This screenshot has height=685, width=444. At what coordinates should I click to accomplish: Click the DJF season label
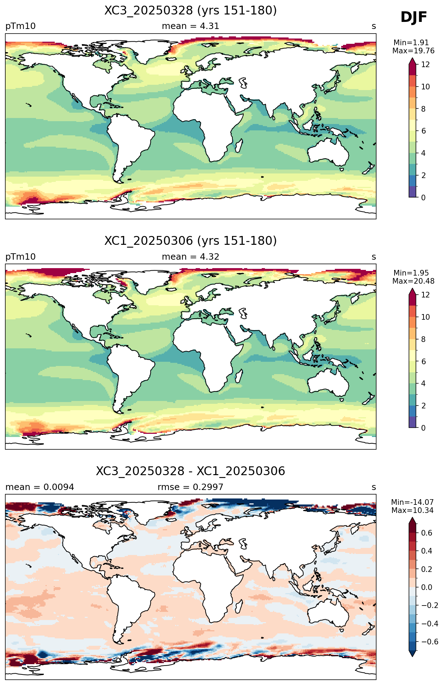(x=414, y=17)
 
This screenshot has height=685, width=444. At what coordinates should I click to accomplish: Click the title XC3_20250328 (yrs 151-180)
(x=190, y=11)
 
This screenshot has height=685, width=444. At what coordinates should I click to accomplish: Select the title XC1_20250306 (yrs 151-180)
(x=190, y=241)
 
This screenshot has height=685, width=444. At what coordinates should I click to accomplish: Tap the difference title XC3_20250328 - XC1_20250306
(x=190, y=471)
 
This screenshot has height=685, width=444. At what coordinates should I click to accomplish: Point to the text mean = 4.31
(x=190, y=26)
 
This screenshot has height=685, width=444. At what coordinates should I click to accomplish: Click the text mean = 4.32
(x=190, y=257)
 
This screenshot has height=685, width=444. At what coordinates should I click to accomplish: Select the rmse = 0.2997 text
(x=190, y=487)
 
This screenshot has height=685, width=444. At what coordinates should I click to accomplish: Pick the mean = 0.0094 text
(x=40, y=487)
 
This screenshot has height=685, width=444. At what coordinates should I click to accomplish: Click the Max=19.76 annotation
(x=413, y=51)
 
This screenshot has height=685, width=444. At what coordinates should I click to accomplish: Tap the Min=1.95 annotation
(x=411, y=273)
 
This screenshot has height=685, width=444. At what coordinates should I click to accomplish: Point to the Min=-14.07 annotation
(x=412, y=502)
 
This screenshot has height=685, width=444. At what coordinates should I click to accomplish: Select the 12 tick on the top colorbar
(x=425, y=64)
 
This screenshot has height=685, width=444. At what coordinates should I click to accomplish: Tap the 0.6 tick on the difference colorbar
(x=427, y=533)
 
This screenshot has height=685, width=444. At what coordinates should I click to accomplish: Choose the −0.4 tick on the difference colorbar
(x=430, y=624)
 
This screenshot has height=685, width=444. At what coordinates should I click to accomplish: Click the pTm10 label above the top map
(x=20, y=26)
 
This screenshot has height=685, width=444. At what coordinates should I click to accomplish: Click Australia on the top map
(x=328, y=152)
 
